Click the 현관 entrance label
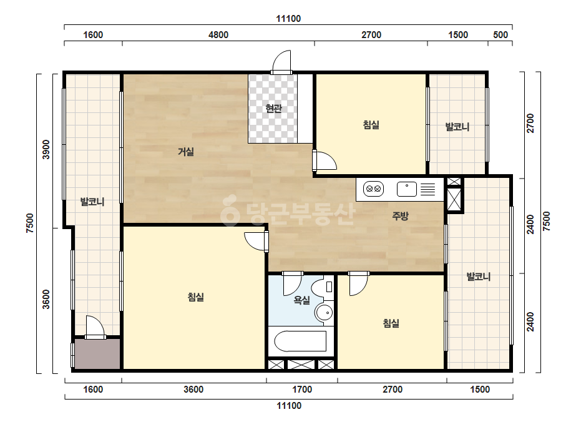[x=273, y=109]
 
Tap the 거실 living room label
[x=186, y=152]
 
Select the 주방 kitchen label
[x=400, y=216]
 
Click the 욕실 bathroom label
[x=302, y=300]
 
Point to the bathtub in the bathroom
[x=300, y=341]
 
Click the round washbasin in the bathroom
[x=324, y=313]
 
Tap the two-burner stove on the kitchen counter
[x=373, y=189]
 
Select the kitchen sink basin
[x=407, y=189]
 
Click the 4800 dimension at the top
[x=218, y=35]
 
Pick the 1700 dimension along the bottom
[x=302, y=390]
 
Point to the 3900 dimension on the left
[x=46, y=150]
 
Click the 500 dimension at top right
[x=500, y=35]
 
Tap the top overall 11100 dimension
[x=288, y=18]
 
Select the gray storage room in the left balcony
[x=97, y=353]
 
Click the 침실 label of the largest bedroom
[x=196, y=297]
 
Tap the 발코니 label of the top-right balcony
[x=457, y=127]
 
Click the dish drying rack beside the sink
[x=427, y=189]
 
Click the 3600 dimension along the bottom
[x=193, y=390]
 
